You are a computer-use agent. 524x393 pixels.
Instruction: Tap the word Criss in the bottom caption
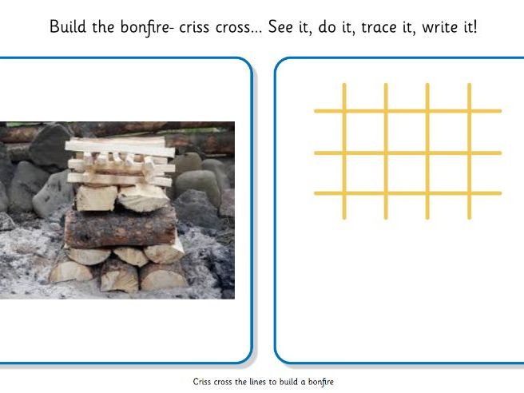click(x=203, y=383)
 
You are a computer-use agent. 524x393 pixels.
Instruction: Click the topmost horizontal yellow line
click(x=407, y=111)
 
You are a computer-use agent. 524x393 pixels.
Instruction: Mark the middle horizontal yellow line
click(x=407, y=153)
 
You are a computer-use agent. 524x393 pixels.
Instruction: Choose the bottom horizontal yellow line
click(x=407, y=193)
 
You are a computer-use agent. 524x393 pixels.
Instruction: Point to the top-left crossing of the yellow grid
click(x=344, y=111)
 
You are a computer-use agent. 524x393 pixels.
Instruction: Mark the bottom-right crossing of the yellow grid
click(x=469, y=193)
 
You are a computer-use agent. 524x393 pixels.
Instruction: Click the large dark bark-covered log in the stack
click(x=120, y=228)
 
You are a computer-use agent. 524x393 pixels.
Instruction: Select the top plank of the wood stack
click(x=119, y=145)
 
